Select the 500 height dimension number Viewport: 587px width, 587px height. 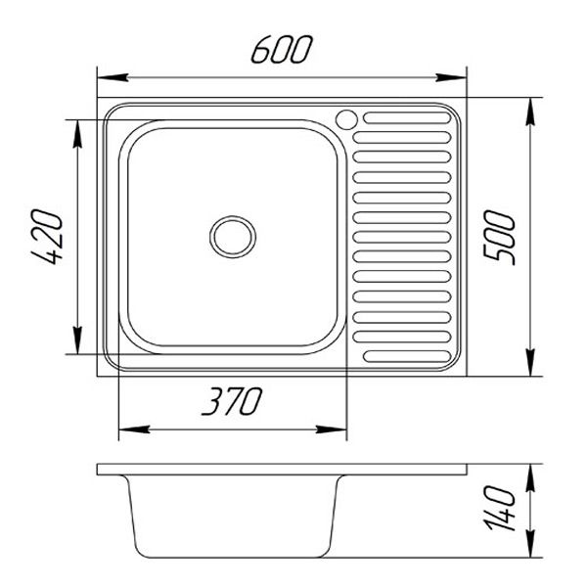pos(505,236)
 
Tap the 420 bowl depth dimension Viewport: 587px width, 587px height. pos(49,238)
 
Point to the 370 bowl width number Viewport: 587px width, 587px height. pos(233,401)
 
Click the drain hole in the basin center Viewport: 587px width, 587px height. pos(233,236)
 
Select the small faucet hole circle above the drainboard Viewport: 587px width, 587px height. pos(346,118)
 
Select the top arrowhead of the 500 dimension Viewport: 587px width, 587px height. pos(530,110)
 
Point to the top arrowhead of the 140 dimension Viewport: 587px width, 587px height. pos(530,475)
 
